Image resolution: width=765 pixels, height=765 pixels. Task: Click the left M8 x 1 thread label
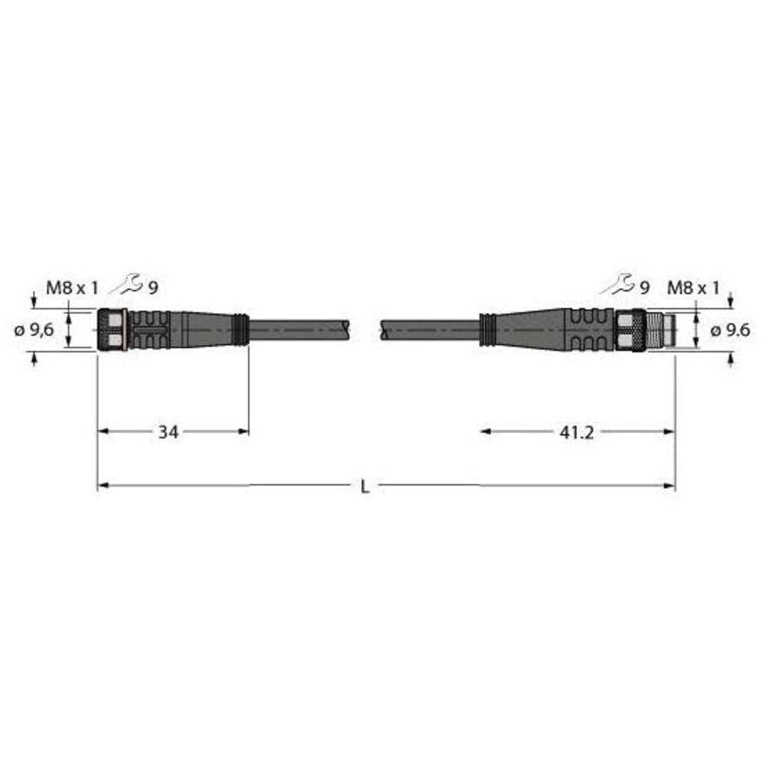click(x=73, y=288)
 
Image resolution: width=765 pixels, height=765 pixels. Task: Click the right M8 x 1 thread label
click(x=693, y=288)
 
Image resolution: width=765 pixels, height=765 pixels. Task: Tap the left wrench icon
click(x=125, y=285)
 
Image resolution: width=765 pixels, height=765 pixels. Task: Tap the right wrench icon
click(x=617, y=285)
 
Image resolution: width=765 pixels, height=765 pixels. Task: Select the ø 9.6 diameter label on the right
click(x=730, y=330)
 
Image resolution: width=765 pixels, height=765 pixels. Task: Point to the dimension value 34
click(x=168, y=432)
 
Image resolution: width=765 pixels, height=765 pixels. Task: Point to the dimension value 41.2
click(x=577, y=432)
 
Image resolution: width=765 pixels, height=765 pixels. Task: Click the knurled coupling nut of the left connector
click(x=113, y=329)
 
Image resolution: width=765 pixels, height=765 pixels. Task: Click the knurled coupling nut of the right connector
click(x=632, y=329)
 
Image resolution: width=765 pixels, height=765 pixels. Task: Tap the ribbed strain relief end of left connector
click(x=240, y=329)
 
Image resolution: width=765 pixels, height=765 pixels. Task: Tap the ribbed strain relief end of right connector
click(x=486, y=329)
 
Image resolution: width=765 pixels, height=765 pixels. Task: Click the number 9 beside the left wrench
click(x=153, y=288)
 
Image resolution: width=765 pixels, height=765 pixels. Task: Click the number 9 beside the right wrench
click(x=644, y=288)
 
